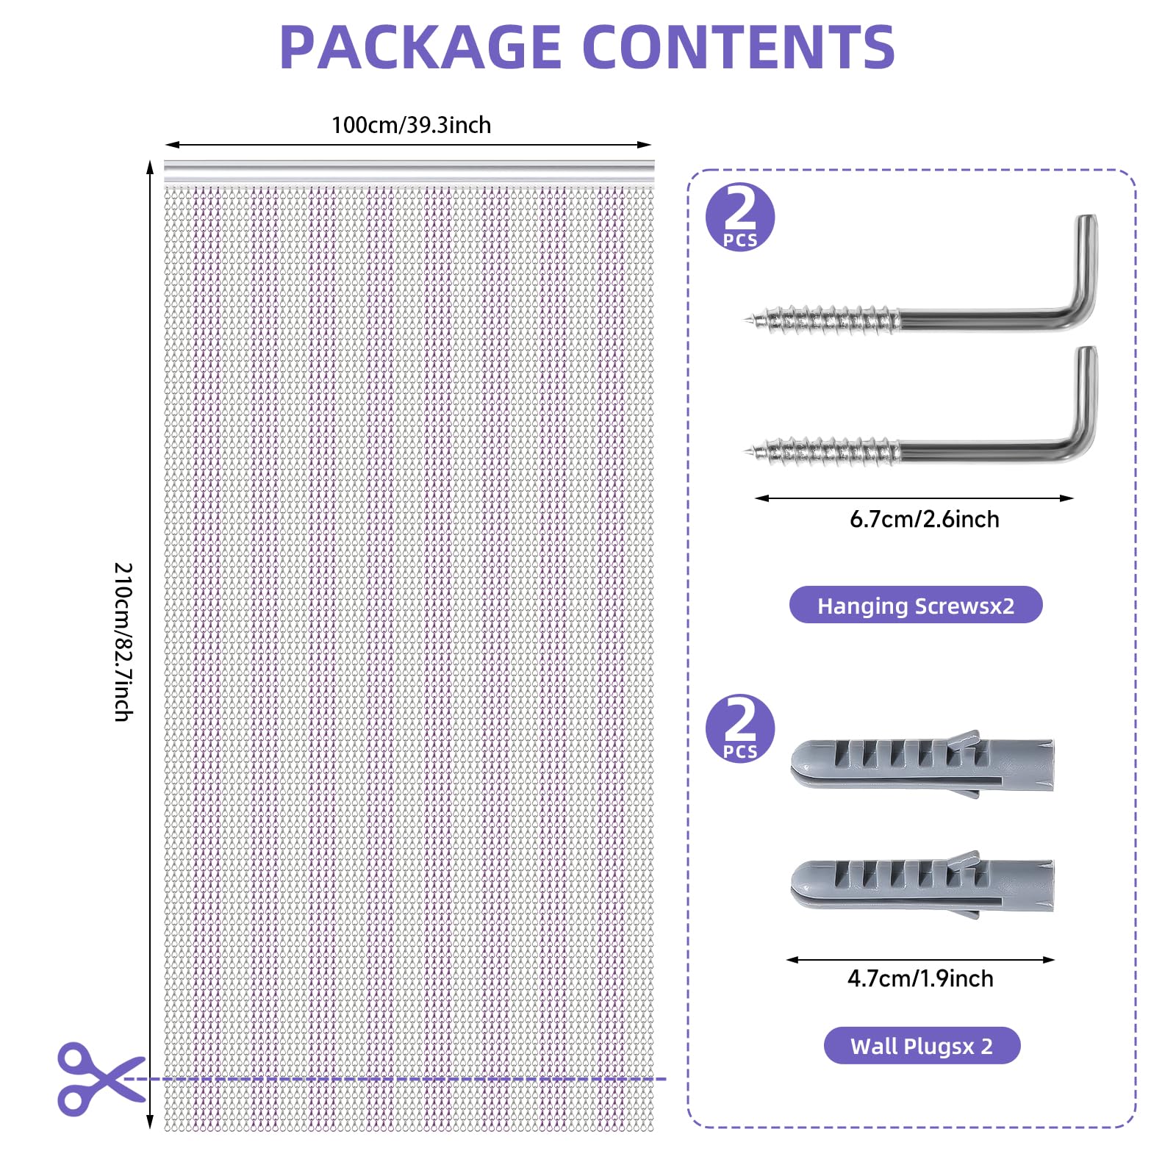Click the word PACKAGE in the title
(x=420, y=48)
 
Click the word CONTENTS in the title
(x=739, y=48)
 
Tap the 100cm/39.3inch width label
(x=411, y=125)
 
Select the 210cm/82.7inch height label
(x=123, y=642)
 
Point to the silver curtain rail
(x=409, y=171)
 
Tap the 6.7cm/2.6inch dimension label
(x=925, y=520)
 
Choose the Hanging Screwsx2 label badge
(x=916, y=605)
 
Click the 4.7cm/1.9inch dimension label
(x=920, y=979)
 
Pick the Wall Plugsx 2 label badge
(x=922, y=1045)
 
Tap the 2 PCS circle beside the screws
(x=740, y=217)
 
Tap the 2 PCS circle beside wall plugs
(x=740, y=728)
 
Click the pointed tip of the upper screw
(x=746, y=320)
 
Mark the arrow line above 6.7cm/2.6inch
(x=914, y=498)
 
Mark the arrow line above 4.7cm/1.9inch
(x=920, y=960)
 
